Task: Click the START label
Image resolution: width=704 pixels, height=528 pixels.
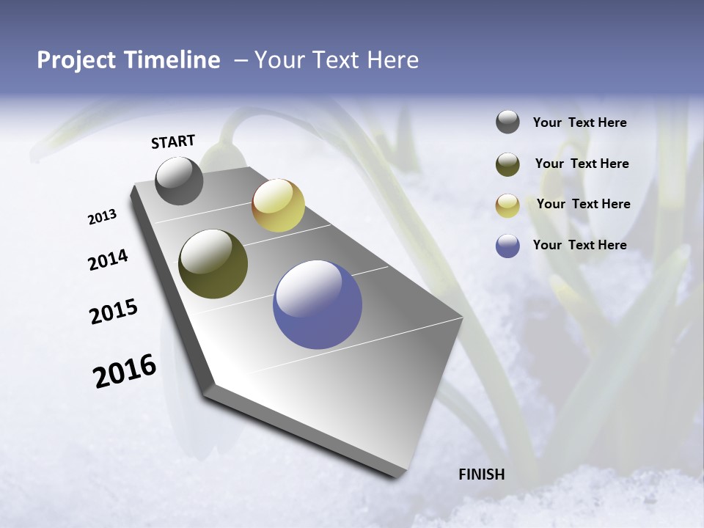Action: (173, 142)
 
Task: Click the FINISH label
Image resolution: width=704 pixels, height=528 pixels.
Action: (482, 474)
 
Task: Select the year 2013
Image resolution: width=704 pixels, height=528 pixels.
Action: (102, 217)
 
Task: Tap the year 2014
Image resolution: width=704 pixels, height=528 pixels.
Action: (108, 260)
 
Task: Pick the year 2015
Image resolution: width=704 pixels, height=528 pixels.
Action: (114, 312)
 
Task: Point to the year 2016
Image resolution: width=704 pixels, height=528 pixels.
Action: (125, 371)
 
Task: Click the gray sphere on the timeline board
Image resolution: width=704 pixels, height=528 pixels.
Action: (179, 180)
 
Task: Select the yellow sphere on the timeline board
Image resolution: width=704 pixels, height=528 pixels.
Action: (278, 205)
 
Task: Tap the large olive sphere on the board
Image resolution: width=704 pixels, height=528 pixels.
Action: (213, 264)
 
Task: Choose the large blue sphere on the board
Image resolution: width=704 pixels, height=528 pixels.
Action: (318, 304)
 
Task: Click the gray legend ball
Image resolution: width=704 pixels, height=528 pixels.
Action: (507, 122)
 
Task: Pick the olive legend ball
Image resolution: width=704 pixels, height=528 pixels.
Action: (507, 164)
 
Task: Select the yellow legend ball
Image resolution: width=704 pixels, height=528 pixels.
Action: (507, 205)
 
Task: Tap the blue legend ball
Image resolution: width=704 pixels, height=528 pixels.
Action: (507, 246)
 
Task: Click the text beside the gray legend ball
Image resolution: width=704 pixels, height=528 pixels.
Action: (579, 123)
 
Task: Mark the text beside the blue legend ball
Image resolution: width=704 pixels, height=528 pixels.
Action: (579, 245)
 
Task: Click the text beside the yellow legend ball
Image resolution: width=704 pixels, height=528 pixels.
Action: (583, 204)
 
